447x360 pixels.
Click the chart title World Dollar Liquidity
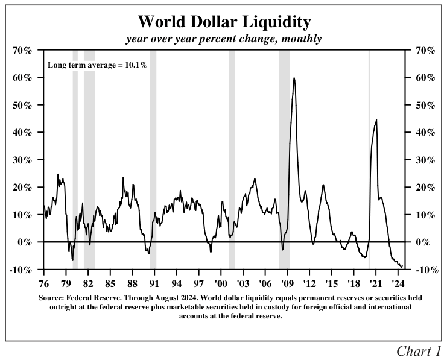click(224, 22)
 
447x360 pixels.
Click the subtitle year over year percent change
click(224, 39)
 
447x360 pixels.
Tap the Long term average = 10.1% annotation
click(97, 64)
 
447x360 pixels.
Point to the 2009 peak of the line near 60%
click(294, 78)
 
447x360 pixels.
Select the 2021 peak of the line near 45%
click(376, 119)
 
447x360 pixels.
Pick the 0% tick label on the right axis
click(425, 242)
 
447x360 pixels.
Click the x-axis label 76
click(43, 282)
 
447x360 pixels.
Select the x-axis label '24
click(398, 282)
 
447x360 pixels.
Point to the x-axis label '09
click(287, 282)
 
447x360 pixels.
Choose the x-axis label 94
click(176, 282)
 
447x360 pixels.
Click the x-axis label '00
click(220, 282)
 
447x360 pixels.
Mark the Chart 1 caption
click(418, 350)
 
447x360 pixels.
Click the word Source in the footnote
click(51, 298)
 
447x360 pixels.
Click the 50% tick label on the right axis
click(425, 105)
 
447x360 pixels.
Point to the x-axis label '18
click(353, 282)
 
